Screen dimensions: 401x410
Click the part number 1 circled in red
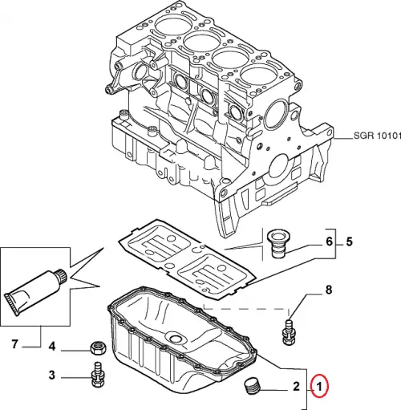tap(320, 387)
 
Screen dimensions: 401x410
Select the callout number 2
tap(296, 387)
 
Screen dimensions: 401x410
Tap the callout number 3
tap(51, 375)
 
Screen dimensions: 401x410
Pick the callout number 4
tap(51, 347)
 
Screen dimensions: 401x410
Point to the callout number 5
tap(349, 242)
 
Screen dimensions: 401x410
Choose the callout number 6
tap(329, 242)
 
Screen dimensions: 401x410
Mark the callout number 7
tap(14, 344)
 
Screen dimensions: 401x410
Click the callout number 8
tap(329, 289)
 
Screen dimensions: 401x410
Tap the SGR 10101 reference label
tap(377, 136)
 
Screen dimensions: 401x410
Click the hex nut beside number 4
tap(98, 347)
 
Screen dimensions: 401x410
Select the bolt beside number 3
tap(98, 375)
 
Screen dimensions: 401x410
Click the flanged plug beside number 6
tap(277, 244)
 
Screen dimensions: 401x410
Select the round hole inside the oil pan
tap(175, 338)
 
